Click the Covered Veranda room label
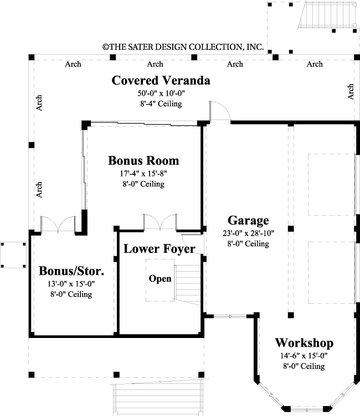pyautogui.click(x=161, y=81)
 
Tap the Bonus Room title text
pyautogui.click(x=143, y=161)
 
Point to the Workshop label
pyautogui.click(x=304, y=342)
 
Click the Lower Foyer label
pyautogui.click(x=159, y=249)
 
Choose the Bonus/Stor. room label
pyautogui.click(x=71, y=272)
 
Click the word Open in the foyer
pyautogui.click(x=160, y=279)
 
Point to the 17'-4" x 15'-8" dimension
pyautogui.click(x=143, y=174)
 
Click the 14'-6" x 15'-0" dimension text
pyautogui.click(x=304, y=356)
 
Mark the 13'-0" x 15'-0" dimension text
pyautogui.click(x=71, y=284)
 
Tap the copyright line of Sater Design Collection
pyautogui.click(x=183, y=48)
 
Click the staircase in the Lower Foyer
pyautogui.click(x=189, y=283)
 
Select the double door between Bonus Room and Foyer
pyautogui.click(x=159, y=222)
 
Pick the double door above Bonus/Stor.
pyautogui.click(x=58, y=223)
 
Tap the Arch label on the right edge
pyautogui.click(x=351, y=92)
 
